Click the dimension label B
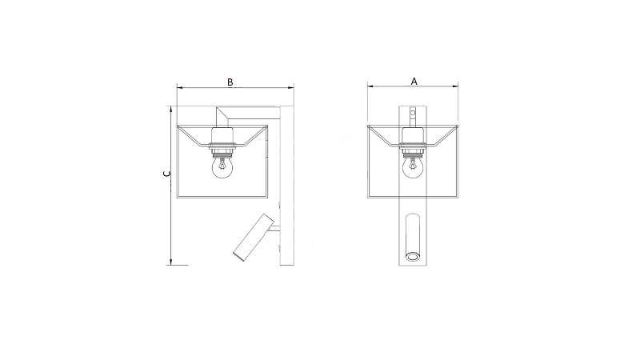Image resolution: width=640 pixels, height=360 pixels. [x=230, y=82]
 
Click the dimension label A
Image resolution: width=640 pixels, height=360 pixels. [x=414, y=82]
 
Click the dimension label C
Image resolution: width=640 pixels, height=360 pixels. [x=166, y=174]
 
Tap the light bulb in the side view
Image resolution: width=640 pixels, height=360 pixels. [x=222, y=168]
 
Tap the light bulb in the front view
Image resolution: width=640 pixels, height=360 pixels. [x=413, y=167]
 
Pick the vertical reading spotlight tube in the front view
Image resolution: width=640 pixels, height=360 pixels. [x=413, y=237]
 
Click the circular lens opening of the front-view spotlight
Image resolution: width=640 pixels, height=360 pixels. [x=413, y=256]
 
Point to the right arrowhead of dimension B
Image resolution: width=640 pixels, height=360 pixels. [x=290, y=87]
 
